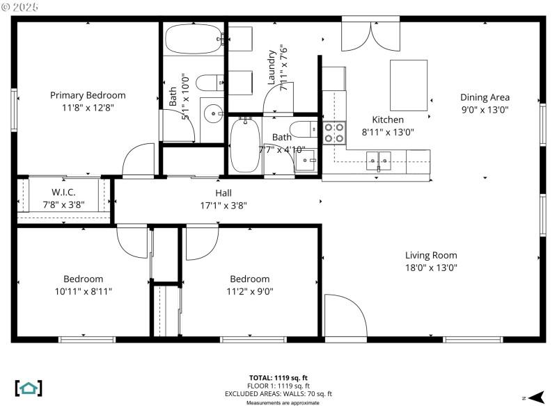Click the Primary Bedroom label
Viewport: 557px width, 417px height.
(x=88, y=95)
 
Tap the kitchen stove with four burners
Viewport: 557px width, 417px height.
(x=334, y=132)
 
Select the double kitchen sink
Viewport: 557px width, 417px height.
(x=379, y=161)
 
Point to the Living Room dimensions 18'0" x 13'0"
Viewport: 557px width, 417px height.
(x=431, y=268)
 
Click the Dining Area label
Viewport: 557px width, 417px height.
(x=485, y=97)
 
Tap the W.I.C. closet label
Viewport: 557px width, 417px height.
(x=63, y=192)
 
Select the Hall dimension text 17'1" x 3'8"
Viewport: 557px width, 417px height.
(x=223, y=205)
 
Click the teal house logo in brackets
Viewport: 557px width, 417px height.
(x=29, y=388)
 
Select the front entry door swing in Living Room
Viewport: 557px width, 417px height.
(x=345, y=316)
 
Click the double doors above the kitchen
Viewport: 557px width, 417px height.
(x=370, y=33)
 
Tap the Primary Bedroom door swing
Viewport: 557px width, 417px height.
(x=139, y=161)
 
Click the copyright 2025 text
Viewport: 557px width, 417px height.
(x=21, y=7)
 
